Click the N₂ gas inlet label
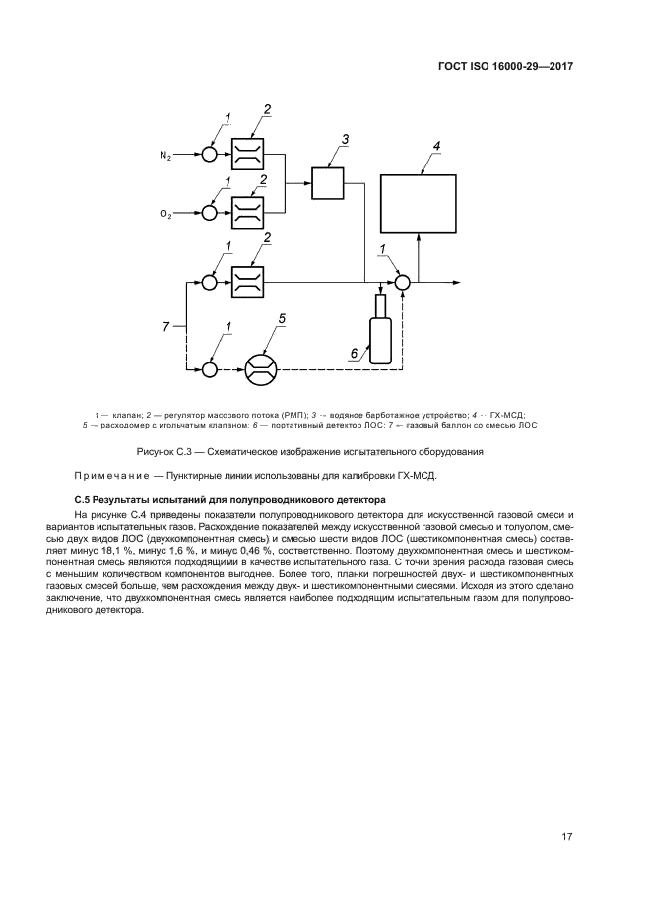tap(165, 156)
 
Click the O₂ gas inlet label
tap(165, 213)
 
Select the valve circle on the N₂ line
tap(209, 155)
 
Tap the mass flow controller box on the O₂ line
tap(247, 212)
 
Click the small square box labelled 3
tap(326, 183)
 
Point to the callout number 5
tap(282, 318)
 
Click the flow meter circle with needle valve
tap(261, 369)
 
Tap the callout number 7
tap(167, 325)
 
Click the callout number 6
tap(354, 352)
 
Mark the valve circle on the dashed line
tap(209, 369)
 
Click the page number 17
tap(566, 837)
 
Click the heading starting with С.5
tap(222, 500)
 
